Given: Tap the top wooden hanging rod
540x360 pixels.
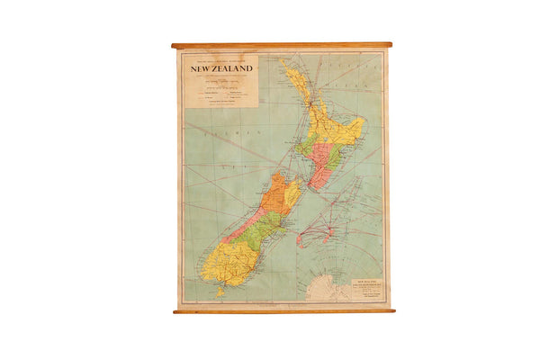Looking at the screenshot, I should point(282,45).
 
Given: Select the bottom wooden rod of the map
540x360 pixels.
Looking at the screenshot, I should point(283,310).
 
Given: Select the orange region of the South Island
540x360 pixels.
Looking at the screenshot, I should point(277,192).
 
